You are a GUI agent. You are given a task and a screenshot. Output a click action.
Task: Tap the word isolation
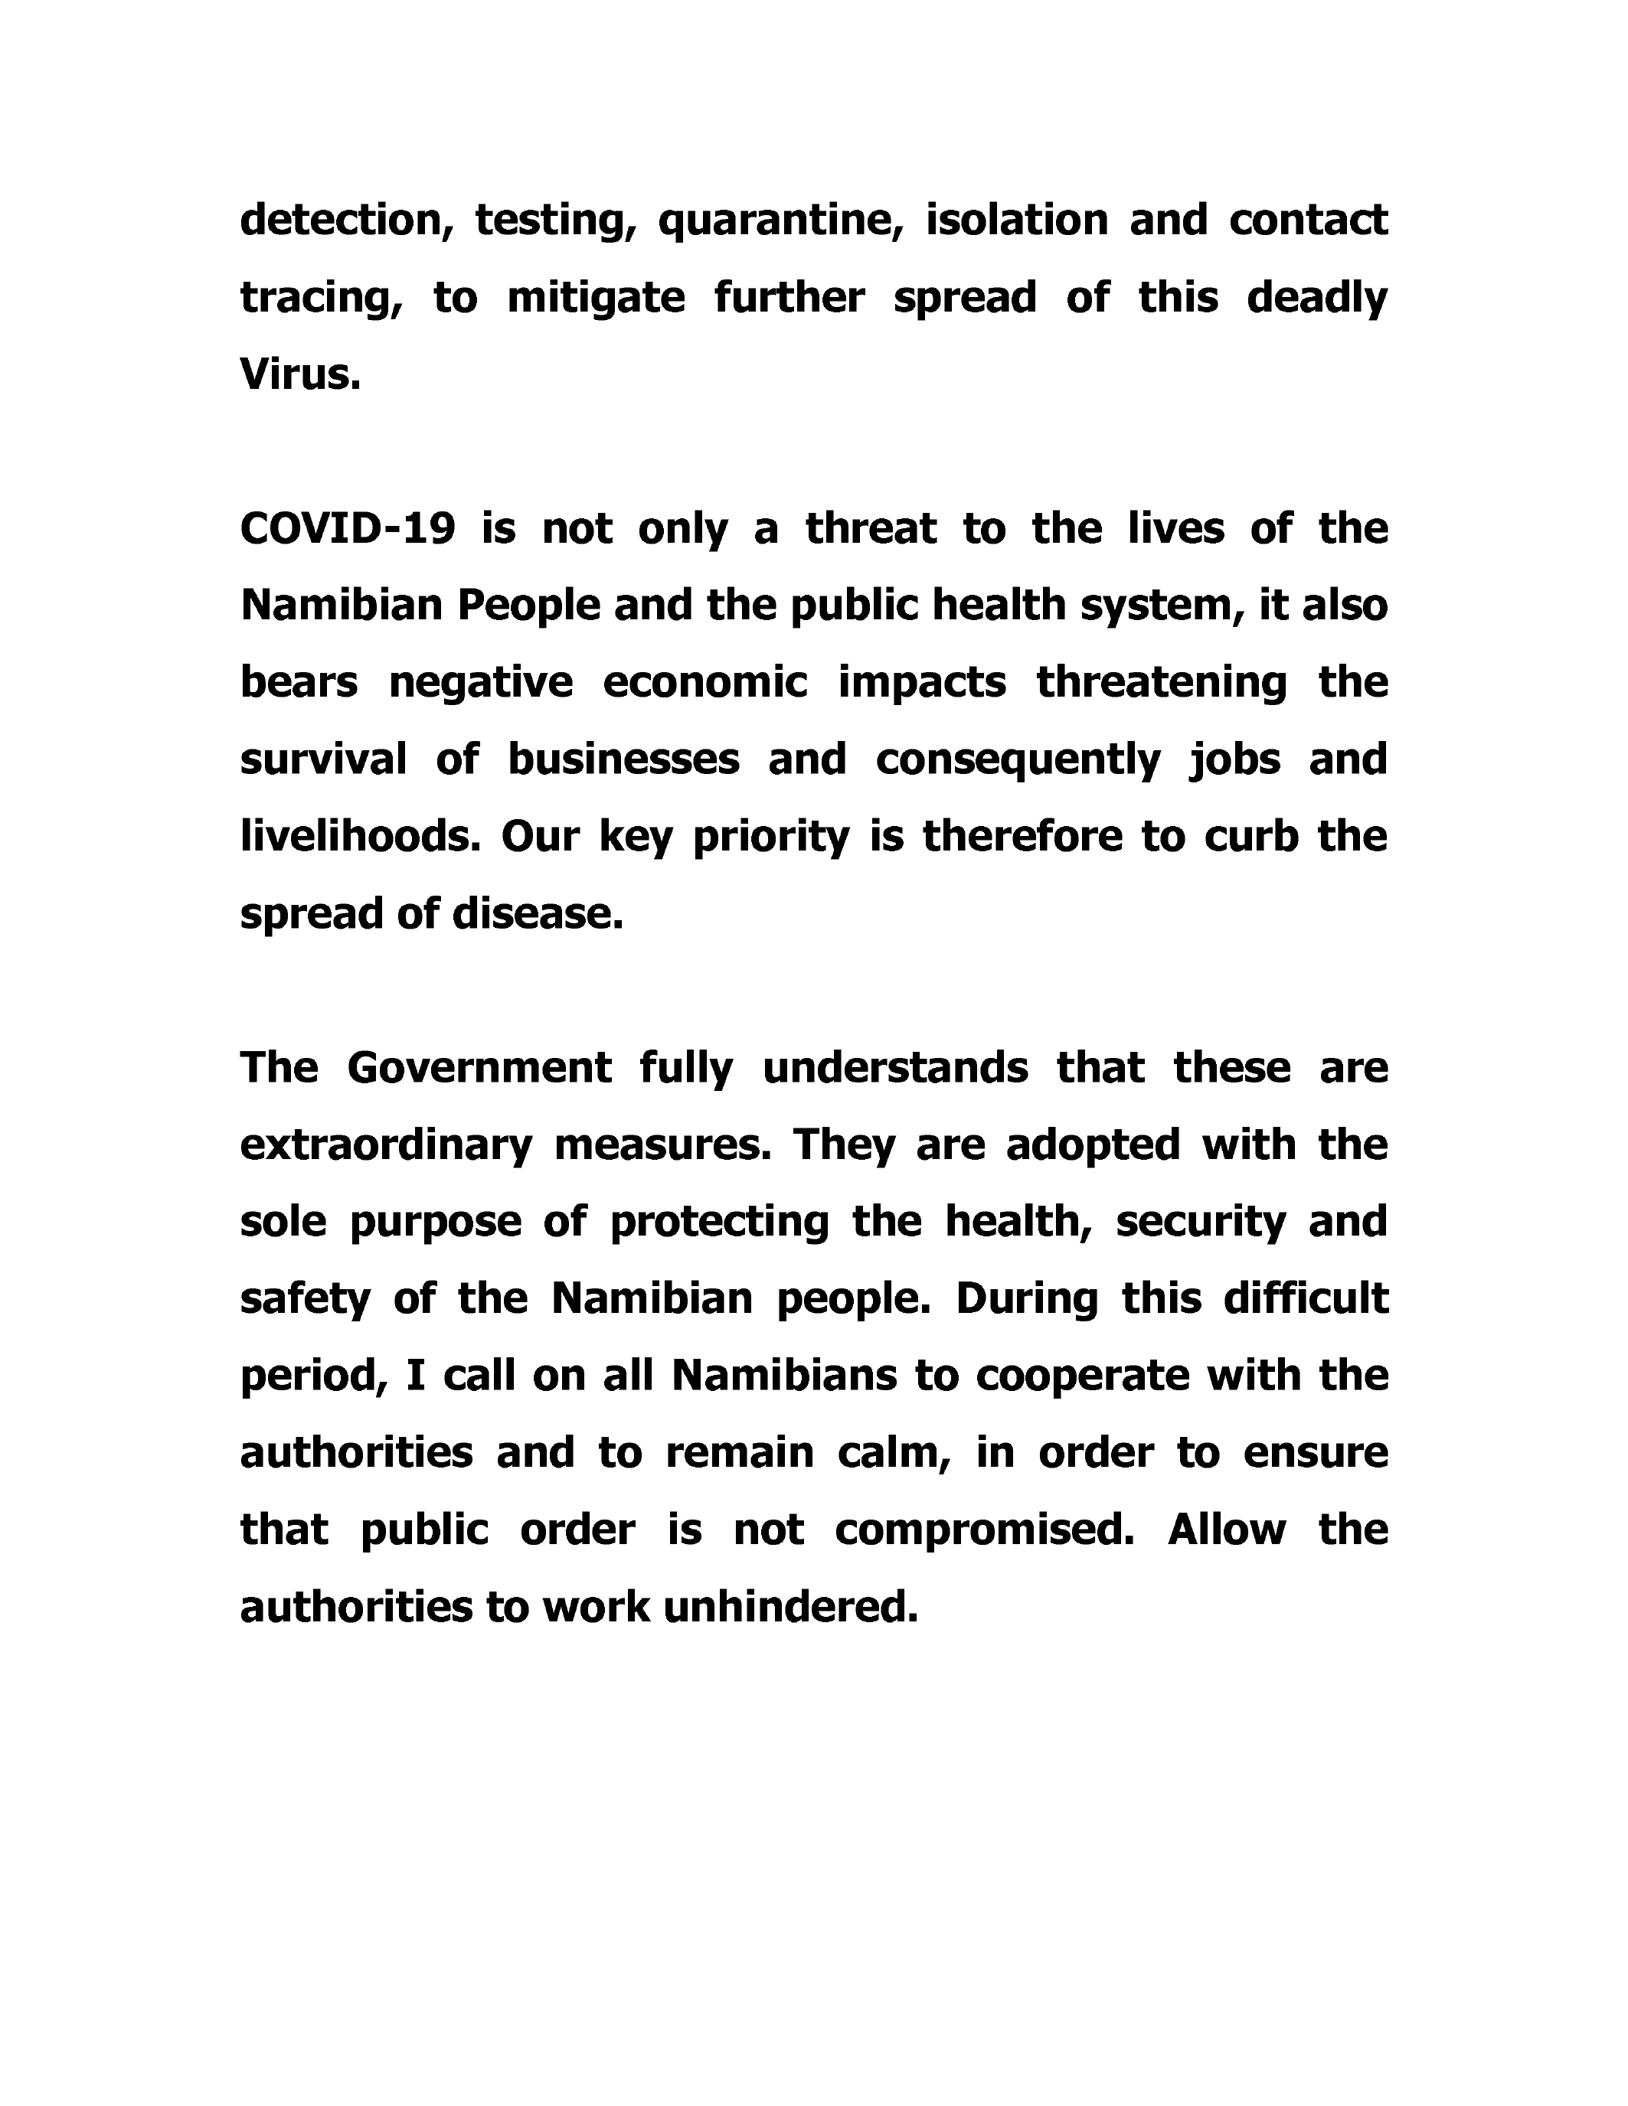pyautogui.click(x=1016, y=220)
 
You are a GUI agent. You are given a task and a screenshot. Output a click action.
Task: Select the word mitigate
pyautogui.click(x=596, y=297)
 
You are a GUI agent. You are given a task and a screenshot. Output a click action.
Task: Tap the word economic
pyautogui.click(x=705, y=683)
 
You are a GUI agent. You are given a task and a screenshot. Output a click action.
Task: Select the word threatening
pyautogui.click(x=1161, y=683)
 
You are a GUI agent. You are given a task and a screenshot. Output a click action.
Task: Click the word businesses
pyautogui.click(x=623, y=760)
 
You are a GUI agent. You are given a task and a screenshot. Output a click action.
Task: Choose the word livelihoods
pyautogui.click(x=360, y=837)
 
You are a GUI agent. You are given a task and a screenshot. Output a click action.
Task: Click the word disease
pyautogui.click(x=538, y=914)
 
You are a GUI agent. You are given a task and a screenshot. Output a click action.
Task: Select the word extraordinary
pyautogui.click(x=386, y=1145)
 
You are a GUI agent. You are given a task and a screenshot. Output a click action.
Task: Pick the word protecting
pyautogui.click(x=720, y=1223)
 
